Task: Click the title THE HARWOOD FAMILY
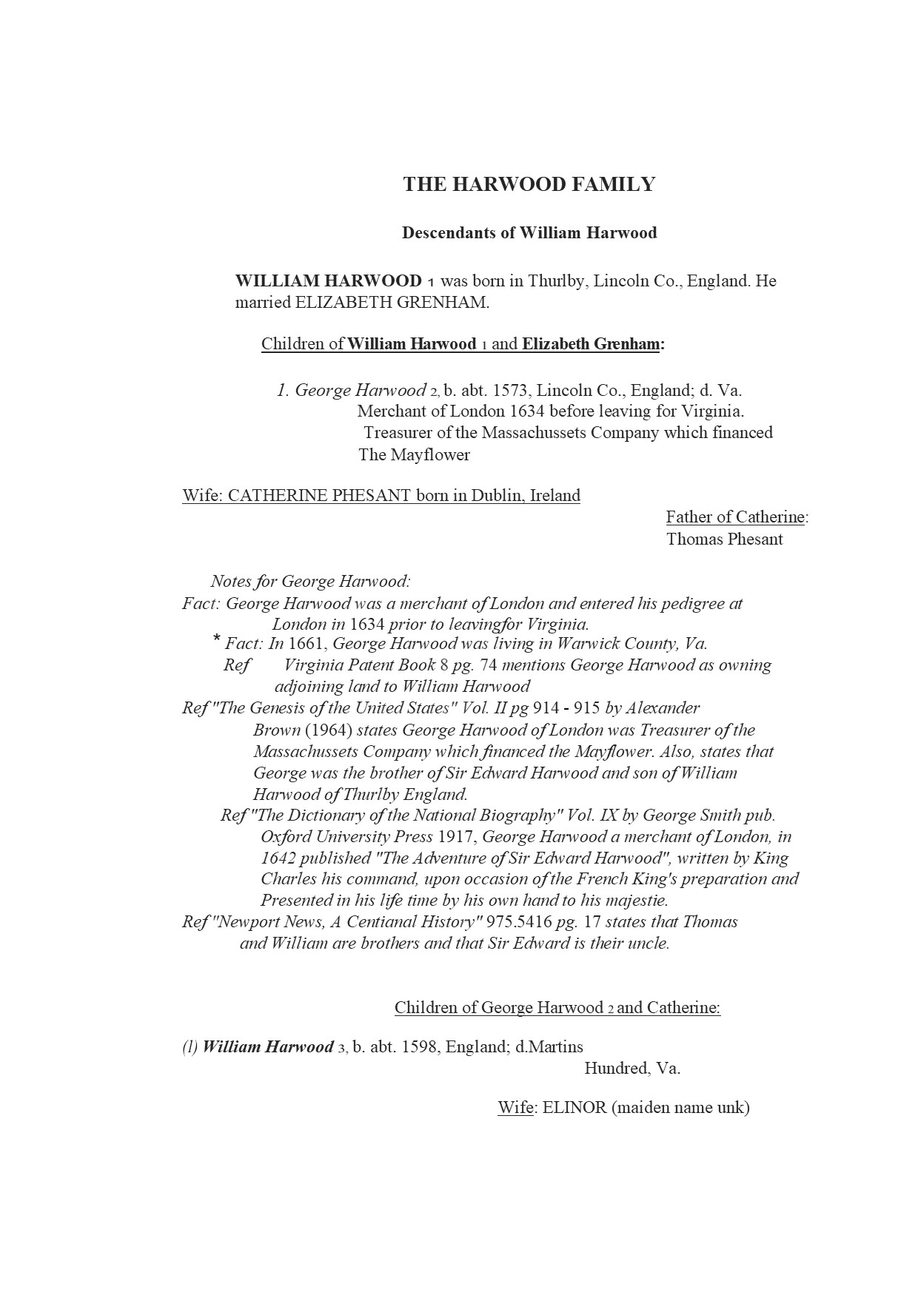[529, 184]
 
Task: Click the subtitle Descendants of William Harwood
[529, 233]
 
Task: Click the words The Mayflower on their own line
[414, 455]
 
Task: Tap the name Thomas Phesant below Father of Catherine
[724, 539]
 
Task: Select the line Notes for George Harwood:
[310, 582]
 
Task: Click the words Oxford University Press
[346, 837]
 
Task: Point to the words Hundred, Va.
[632, 1069]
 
